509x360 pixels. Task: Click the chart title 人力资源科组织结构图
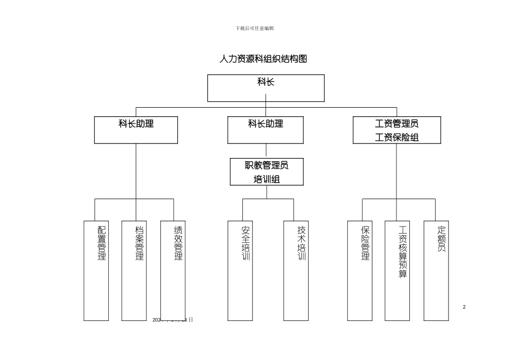pos(263,59)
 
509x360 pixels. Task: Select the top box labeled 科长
pos(266,87)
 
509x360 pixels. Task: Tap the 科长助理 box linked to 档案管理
pos(136,130)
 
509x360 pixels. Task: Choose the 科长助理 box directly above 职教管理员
pos(265,130)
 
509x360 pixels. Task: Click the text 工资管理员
pos(396,124)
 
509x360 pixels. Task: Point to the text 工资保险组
pos(396,138)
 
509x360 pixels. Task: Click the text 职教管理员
pos(266,166)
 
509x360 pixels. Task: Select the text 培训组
pos(266,179)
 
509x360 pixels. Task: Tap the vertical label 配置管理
pos(102,243)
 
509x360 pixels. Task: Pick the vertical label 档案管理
pos(140,243)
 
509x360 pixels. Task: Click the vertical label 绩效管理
pos(178,243)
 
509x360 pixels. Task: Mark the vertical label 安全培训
pos(246,243)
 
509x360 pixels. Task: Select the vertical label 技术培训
pos(302,243)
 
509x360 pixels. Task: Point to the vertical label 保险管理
pos(365,243)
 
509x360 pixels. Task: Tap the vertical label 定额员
pos(441,238)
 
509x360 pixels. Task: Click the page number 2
pos(464,307)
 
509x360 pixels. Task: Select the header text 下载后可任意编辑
pos(254,28)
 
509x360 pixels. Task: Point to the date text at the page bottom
pos(173,319)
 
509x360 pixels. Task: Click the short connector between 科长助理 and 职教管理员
pos(266,151)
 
